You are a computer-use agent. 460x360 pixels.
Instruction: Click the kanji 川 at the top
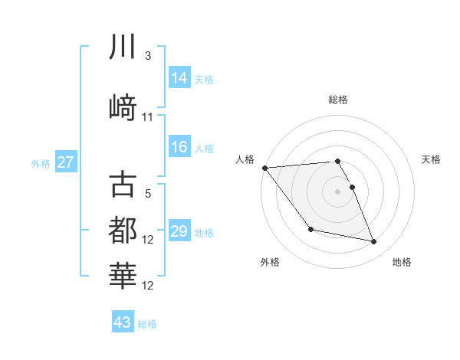point(122,48)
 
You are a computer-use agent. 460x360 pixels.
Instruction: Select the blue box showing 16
point(179,147)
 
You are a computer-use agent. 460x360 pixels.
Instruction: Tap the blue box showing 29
point(179,231)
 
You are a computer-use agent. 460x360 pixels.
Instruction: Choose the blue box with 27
point(66,162)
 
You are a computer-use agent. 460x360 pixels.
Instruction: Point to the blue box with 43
point(123,322)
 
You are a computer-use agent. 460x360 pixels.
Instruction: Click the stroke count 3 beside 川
point(147,57)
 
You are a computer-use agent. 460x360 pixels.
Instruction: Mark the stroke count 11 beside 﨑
point(148,116)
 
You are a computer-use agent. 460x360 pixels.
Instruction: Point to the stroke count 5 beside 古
point(147,195)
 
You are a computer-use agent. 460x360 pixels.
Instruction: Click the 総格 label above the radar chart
point(338,100)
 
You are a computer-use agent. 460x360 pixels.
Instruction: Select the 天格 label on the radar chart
point(431,159)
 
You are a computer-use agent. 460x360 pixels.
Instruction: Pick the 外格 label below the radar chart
point(270,262)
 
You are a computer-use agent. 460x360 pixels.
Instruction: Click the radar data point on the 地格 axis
point(374,242)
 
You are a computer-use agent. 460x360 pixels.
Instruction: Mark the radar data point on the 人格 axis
point(264,168)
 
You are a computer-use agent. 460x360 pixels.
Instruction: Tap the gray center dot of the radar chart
point(338,191)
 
